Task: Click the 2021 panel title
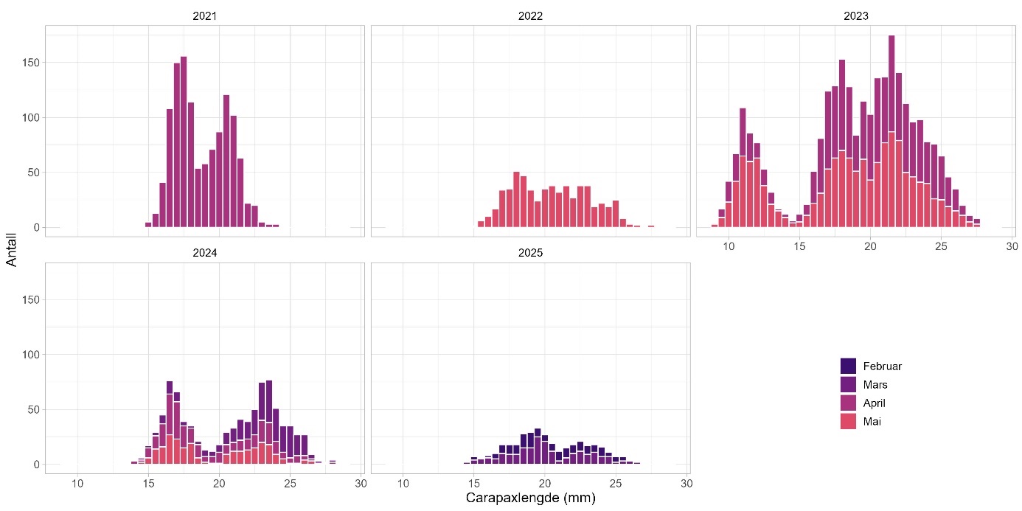click(x=204, y=15)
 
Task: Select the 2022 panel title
click(x=530, y=15)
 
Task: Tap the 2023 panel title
click(x=856, y=15)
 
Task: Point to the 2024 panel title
click(x=204, y=252)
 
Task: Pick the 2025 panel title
click(x=530, y=252)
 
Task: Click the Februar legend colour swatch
click(x=848, y=366)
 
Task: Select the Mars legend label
click(x=875, y=385)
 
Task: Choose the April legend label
click(x=874, y=403)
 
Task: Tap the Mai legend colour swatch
click(x=848, y=422)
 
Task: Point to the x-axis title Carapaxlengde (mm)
click(x=530, y=498)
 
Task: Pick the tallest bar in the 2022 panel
click(x=516, y=199)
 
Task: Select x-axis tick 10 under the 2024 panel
click(x=77, y=483)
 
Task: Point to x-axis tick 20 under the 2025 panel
click(x=545, y=483)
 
